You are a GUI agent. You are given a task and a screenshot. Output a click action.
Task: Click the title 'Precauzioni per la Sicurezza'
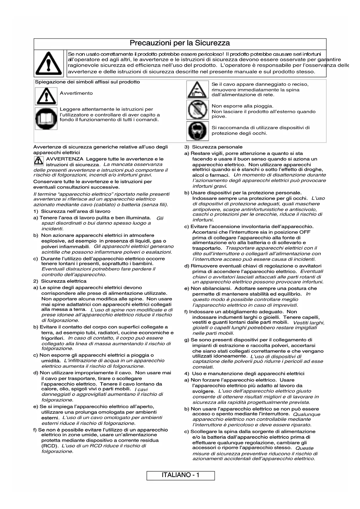tap(180, 43)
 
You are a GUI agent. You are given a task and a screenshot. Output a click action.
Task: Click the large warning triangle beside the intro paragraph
tap(48, 63)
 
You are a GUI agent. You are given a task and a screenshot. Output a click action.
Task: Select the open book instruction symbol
tap(46, 118)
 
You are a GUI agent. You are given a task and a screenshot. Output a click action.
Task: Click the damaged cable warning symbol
tap(197, 90)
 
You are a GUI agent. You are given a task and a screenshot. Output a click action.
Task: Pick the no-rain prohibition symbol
tap(197, 110)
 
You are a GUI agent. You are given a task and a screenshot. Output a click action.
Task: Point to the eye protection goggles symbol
tap(197, 131)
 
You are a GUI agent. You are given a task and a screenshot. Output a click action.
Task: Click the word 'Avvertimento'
tap(76, 93)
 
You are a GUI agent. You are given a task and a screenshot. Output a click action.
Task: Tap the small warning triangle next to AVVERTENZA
tap(38, 161)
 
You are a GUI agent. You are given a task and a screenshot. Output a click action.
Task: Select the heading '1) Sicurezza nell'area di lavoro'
tap(72, 211)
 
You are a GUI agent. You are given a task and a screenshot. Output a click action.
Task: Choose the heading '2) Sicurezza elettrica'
tap(60, 281)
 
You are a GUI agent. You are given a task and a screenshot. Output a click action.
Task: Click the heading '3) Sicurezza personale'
tap(214, 147)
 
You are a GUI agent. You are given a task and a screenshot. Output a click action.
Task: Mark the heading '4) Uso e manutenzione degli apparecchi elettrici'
tap(244, 373)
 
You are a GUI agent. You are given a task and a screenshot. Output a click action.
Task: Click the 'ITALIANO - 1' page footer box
tap(180, 475)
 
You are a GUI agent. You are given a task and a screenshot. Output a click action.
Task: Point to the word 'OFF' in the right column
tap(305, 232)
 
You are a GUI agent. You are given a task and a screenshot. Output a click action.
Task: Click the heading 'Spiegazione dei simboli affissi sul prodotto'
tap(87, 82)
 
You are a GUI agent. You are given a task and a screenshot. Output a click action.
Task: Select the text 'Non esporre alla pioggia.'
tap(243, 106)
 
